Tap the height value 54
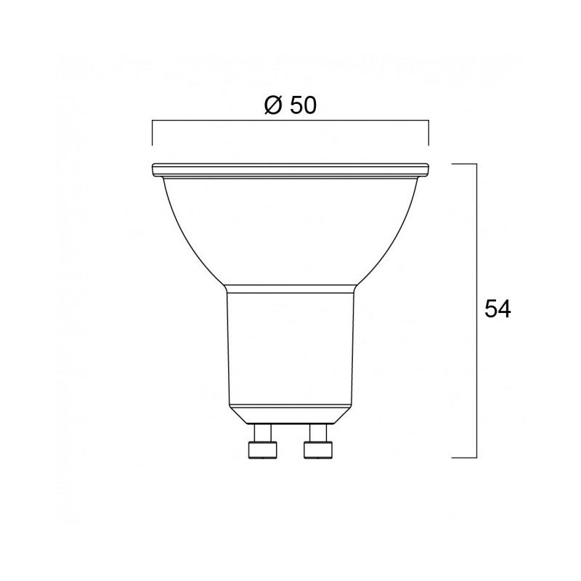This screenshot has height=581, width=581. pos(497,309)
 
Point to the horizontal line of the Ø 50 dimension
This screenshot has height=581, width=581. pos(290,124)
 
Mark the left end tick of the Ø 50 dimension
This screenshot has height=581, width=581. pos(152,134)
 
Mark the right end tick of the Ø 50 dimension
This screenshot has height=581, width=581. pos(429,134)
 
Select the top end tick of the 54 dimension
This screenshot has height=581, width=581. pos(465,165)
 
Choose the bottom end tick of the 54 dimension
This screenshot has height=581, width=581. pos(465,458)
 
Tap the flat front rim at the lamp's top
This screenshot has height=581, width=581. pos(290,170)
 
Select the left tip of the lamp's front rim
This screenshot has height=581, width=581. pos(153,171)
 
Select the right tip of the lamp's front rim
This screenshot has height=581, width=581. pos(428,171)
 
